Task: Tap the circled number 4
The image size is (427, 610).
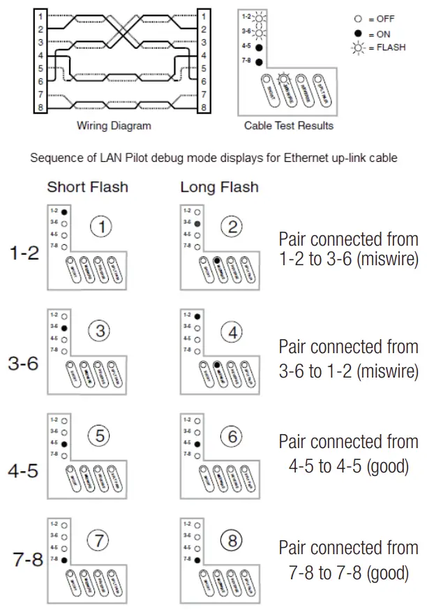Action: [234, 333]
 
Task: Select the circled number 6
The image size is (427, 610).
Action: [234, 437]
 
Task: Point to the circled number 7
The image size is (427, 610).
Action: [102, 540]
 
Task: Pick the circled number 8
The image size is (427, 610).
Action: [234, 540]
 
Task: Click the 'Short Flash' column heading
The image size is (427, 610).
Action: [88, 187]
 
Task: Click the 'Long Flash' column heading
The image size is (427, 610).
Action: [219, 187]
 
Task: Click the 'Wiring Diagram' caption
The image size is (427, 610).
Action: [114, 126]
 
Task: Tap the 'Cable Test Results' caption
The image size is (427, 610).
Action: [288, 126]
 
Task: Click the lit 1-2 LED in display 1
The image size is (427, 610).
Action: [63, 211]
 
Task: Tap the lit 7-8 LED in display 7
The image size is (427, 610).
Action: [63, 559]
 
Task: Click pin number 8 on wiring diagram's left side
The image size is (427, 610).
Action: [40, 107]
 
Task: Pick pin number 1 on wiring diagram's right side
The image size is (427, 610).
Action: [203, 16]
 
